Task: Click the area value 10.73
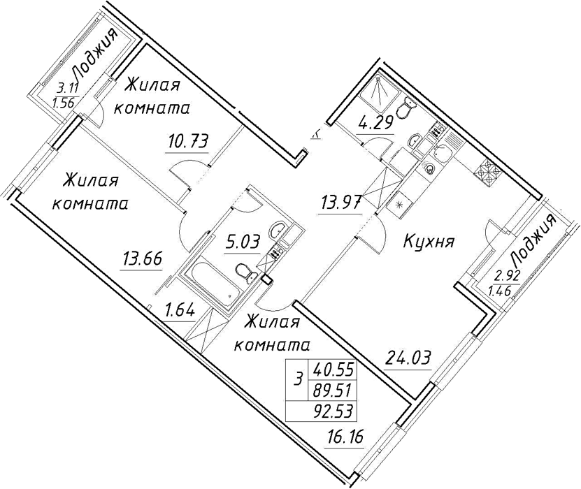pos(189,142)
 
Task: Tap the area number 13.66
pos(141,259)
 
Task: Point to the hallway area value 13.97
pos(339,203)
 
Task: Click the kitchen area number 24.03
pos(408,358)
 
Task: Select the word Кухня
pos(429,242)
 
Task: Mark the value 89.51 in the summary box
pos(333,390)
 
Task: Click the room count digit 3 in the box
pos(297,379)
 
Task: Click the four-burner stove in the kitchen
pos(487,173)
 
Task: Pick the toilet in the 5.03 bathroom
pos(245,272)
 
